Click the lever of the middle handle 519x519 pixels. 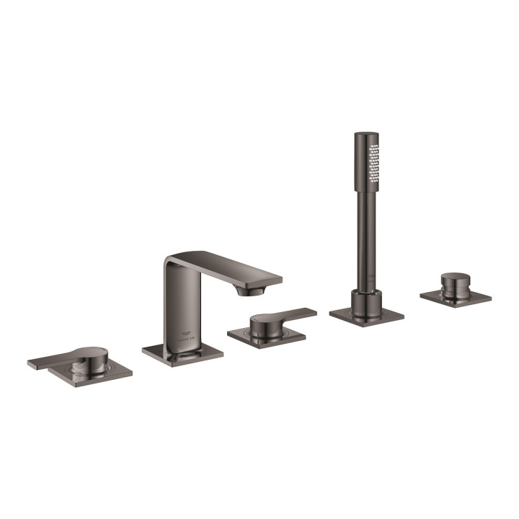pyautogui.click(x=292, y=316)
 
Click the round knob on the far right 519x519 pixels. pyautogui.click(x=455, y=282)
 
